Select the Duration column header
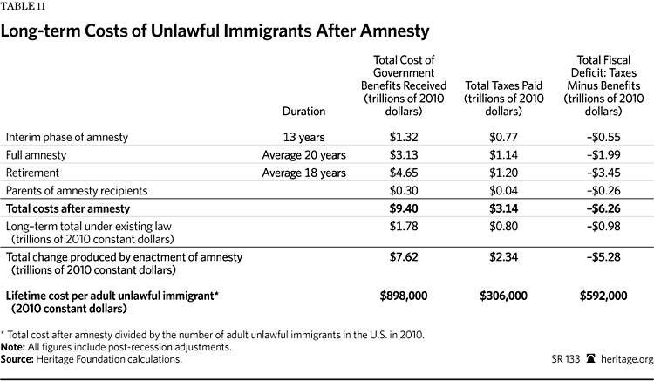tap(303, 112)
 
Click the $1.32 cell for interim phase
tap(404, 137)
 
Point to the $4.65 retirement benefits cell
tap(404, 173)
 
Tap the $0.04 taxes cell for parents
tap(503, 191)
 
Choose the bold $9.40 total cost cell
tap(404, 208)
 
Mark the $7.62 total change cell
tap(404, 257)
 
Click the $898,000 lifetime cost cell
tap(404, 296)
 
